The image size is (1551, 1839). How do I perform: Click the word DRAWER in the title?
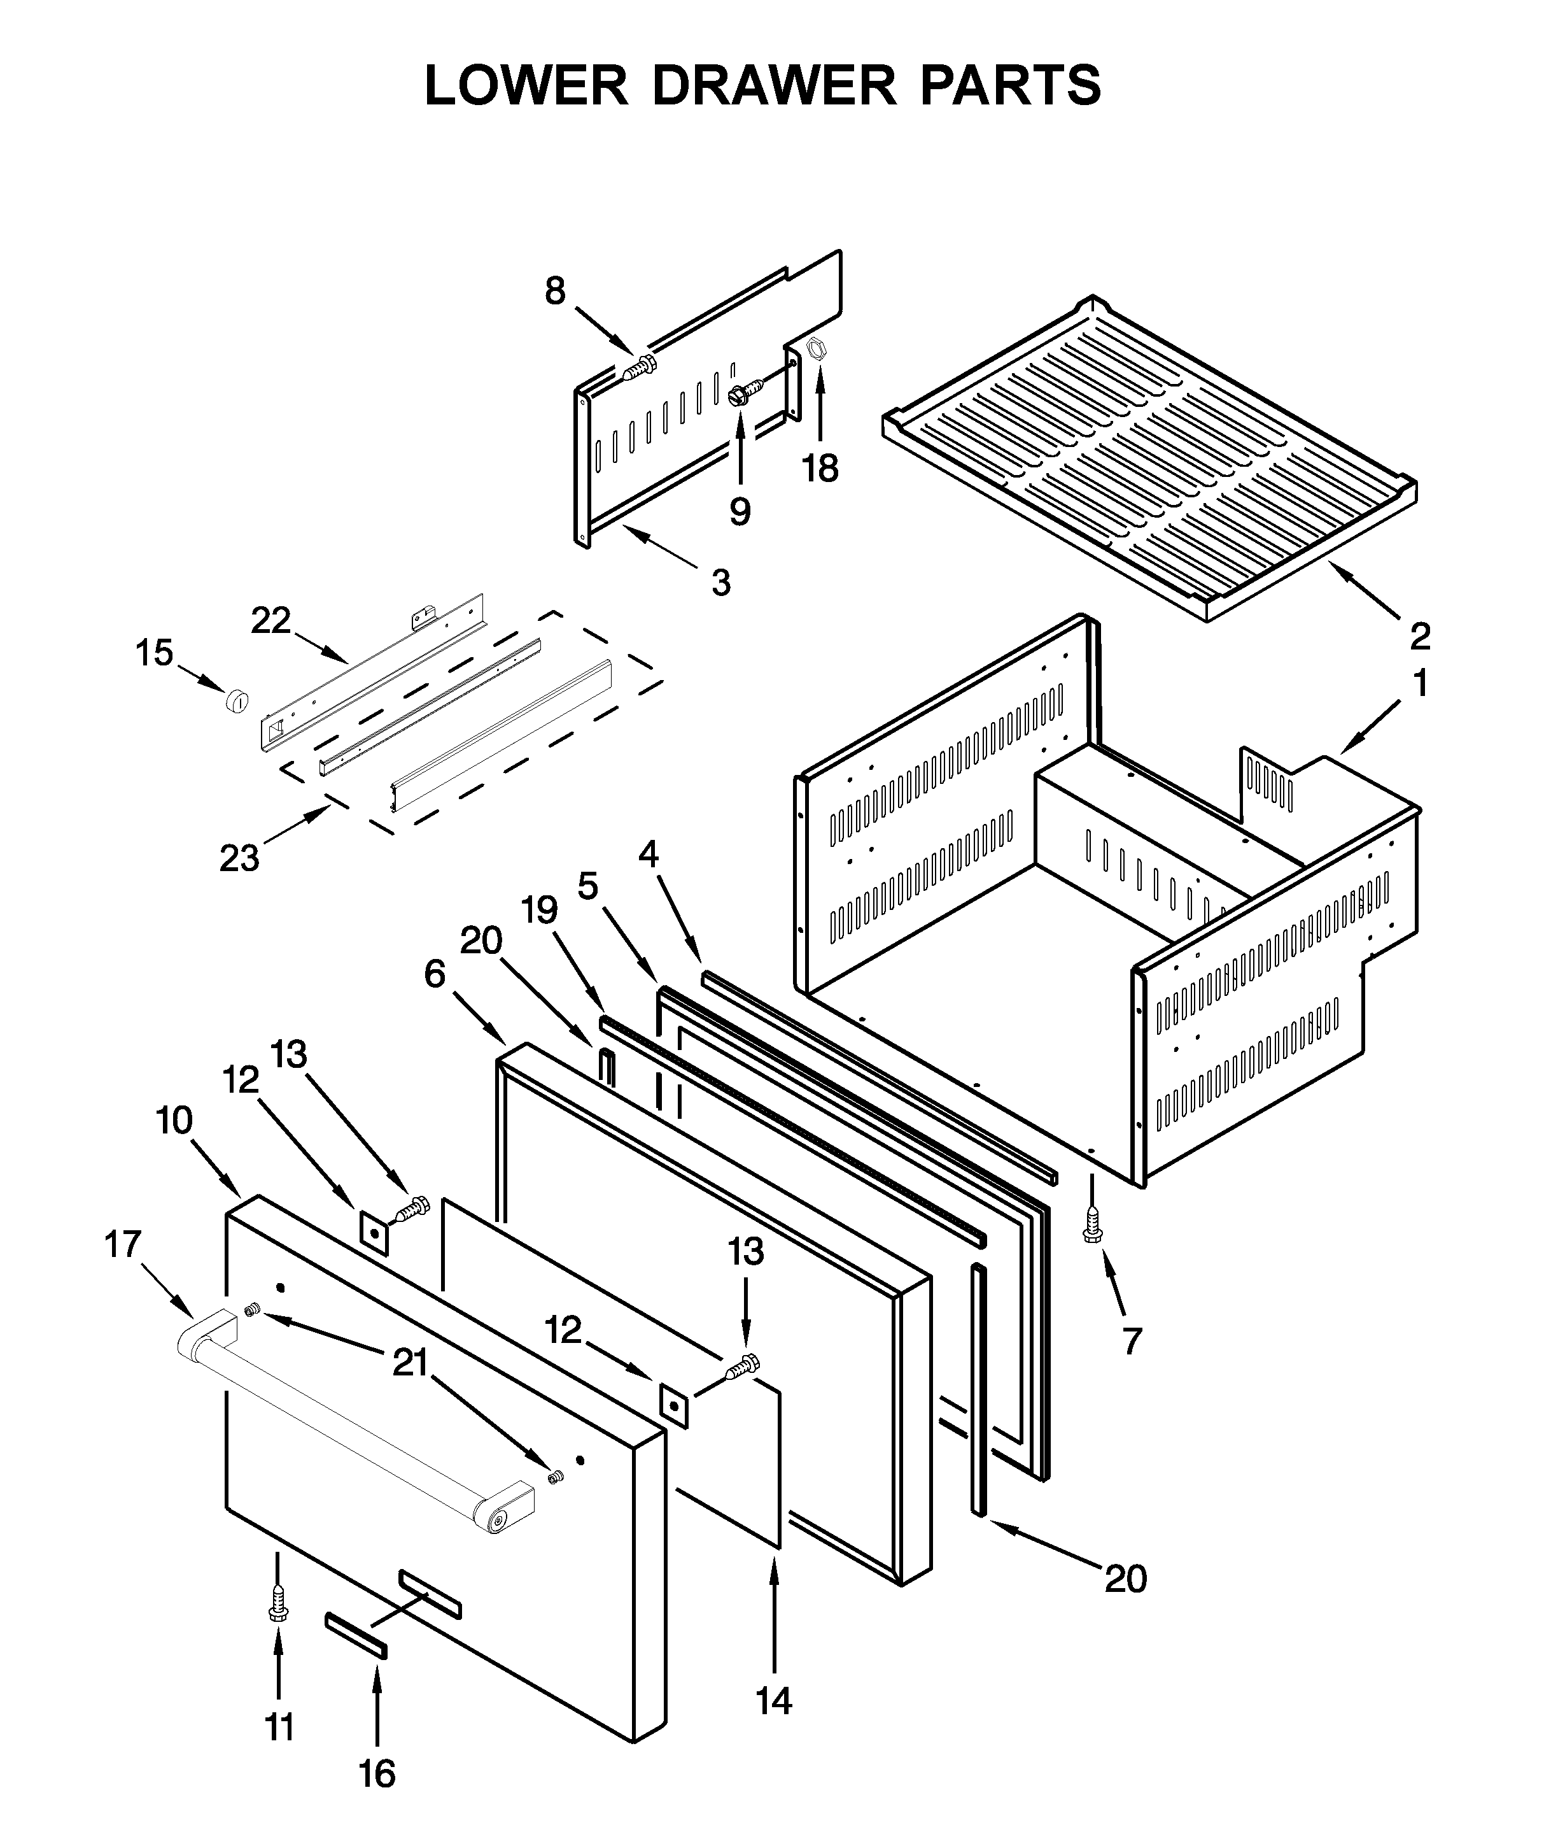(x=774, y=85)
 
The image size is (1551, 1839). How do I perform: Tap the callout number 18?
(x=820, y=469)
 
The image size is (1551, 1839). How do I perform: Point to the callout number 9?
(x=740, y=511)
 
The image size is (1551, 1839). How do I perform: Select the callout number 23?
(x=239, y=858)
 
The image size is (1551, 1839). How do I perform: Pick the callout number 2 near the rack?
(x=1420, y=635)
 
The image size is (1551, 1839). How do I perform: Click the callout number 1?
(x=1420, y=683)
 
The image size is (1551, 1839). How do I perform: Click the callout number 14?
(x=774, y=1701)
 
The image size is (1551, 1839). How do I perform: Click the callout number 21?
(x=410, y=1362)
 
